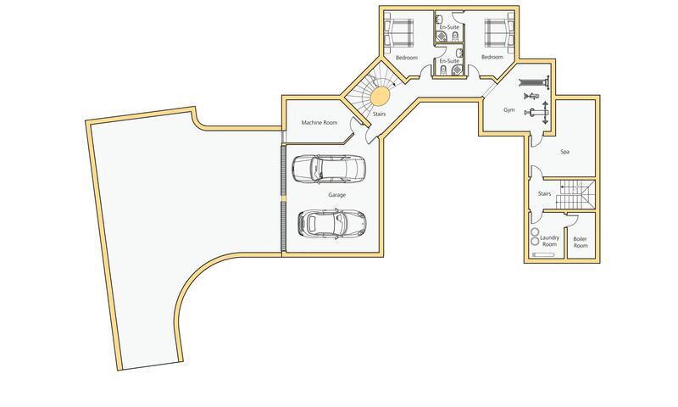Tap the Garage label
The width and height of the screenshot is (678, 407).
point(337,195)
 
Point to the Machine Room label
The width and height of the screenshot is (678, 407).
point(320,123)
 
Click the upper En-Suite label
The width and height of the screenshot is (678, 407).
point(448,28)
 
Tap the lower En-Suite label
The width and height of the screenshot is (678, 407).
point(448,61)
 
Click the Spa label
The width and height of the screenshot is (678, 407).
point(564,152)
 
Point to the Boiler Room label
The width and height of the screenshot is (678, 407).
point(581,242)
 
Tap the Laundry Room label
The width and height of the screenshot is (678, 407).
point(550,242)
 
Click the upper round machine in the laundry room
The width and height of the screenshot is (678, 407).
point(534,231)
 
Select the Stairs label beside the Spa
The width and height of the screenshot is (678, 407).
point(545,194)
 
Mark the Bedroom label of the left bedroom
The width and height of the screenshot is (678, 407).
point(407,58)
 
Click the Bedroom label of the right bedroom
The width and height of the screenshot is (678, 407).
point(492,58)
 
